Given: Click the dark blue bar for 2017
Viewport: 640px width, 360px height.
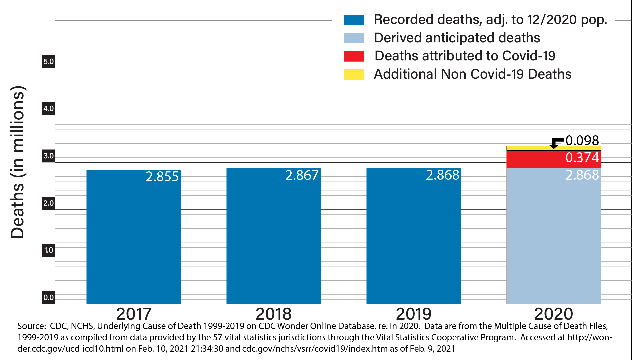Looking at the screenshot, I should click(x=134, y=237).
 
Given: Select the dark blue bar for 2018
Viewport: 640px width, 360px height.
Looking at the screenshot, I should click(x=274, y=237).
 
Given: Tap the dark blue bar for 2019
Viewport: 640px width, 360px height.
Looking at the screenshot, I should click(x=414, y=237).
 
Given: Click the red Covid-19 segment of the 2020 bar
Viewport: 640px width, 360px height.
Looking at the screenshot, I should click(x=533, y=159).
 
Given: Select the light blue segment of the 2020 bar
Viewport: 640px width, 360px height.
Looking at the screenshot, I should click(x=554, y=237).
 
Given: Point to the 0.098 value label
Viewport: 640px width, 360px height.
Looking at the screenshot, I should click(x=582, y=140).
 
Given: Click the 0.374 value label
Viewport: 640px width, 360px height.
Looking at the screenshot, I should click(x=582, y=158).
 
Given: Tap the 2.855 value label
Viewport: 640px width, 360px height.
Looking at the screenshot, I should click(x=162, y=177).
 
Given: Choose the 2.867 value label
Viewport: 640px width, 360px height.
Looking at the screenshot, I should click(x=302, y=175).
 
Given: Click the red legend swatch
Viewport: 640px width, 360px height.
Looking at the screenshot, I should click(x=354, y=56).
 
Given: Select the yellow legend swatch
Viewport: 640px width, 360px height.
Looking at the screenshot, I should click(x=354, y=74).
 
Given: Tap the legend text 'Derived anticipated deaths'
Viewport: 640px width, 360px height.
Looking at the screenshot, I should click(x=457, y=38).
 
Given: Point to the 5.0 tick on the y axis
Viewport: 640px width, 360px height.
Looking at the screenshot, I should click(x=49, y=61).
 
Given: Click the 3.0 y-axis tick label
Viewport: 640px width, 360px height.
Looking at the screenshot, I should click(x=49, y=156).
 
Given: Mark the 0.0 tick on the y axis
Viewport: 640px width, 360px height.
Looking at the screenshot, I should click(x=49, y=297).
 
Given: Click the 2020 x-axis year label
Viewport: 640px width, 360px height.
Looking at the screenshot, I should click(x=553, y=314).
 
